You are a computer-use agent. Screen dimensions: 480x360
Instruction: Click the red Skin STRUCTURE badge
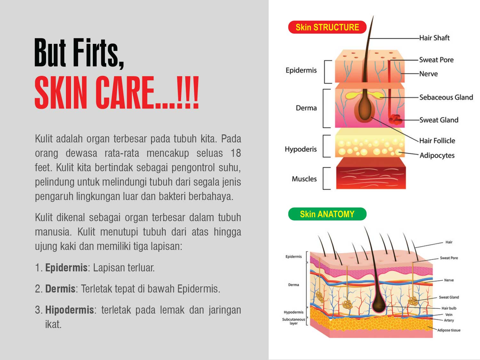pos(327,27)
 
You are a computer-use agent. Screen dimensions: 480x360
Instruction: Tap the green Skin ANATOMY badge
pos(327,214)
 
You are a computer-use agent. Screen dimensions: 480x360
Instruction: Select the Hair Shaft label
pos(434,38)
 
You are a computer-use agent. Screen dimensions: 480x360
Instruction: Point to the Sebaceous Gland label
pos(446,97)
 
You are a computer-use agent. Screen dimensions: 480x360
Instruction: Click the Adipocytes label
pos(437,156)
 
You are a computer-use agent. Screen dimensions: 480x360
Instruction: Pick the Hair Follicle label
pos(437,140)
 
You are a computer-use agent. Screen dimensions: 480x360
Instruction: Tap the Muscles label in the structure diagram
pos(304,179)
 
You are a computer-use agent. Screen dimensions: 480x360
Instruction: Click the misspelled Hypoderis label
pos(301,149)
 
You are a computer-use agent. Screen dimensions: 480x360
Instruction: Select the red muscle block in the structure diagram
pos(371,173)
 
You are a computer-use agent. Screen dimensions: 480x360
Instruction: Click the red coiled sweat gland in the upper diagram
pos(395,120)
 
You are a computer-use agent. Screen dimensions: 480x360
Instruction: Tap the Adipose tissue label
pos(449,330)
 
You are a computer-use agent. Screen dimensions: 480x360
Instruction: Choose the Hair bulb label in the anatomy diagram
pos(449,308)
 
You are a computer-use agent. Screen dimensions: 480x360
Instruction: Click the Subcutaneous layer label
pos(293,321)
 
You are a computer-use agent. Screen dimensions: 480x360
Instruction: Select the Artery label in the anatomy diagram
pos(449,320)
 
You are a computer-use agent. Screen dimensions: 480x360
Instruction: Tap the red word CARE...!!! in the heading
pos(147,92)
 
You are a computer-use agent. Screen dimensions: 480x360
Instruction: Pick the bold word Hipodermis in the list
pos(69,310)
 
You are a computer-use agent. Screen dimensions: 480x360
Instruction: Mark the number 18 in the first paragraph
pos(236,153)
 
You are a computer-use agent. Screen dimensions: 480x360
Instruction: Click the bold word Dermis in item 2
pos(60,289)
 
